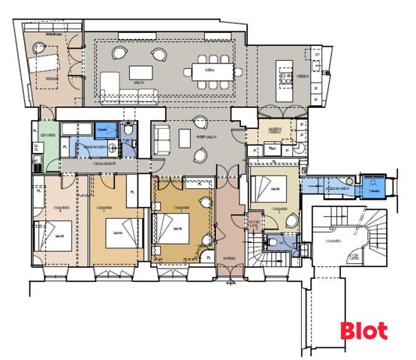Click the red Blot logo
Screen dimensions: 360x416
(364, 330)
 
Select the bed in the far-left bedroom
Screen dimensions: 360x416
(56, 237)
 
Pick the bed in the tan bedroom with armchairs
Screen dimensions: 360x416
(172, 224)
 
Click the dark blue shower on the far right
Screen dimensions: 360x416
(374, 187)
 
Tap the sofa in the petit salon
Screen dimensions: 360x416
(161, 139)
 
